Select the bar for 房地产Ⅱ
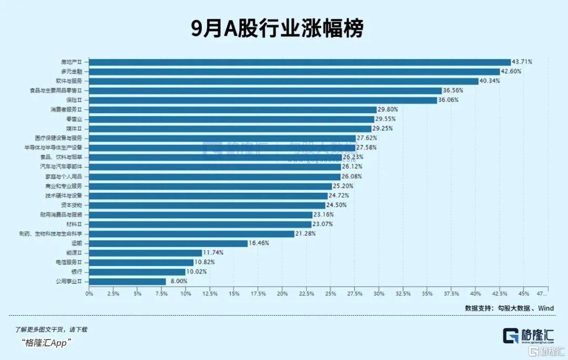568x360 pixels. coord(300,62)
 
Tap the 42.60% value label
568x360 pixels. coord(511,72)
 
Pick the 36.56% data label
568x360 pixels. coord(453,91)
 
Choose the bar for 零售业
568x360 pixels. coord(231,119)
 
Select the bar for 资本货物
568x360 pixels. coord(208,205)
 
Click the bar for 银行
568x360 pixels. coord(137,272)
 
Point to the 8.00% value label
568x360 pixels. coord(178,281)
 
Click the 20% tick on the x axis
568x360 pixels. coord(282,293)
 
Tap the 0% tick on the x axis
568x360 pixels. coord(89,293)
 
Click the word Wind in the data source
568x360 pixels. coord(545,308)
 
